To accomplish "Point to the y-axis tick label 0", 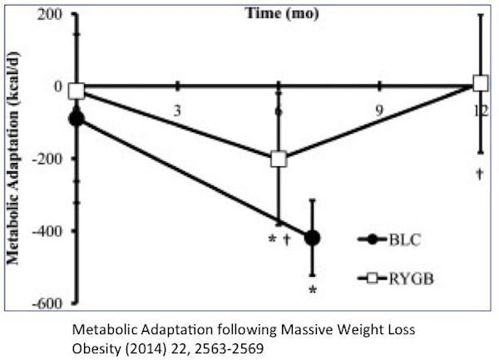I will (58, 86).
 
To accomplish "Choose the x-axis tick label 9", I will (379, 110).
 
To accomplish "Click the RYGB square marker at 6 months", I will (279, 159).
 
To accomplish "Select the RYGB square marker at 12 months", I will (480, 83).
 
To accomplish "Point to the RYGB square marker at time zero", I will (77, 91).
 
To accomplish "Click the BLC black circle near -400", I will (313, 238).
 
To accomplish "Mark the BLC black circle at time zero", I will (77, 119).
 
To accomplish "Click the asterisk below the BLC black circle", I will (314, 290).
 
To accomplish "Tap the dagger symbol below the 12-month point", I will (480, 174).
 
